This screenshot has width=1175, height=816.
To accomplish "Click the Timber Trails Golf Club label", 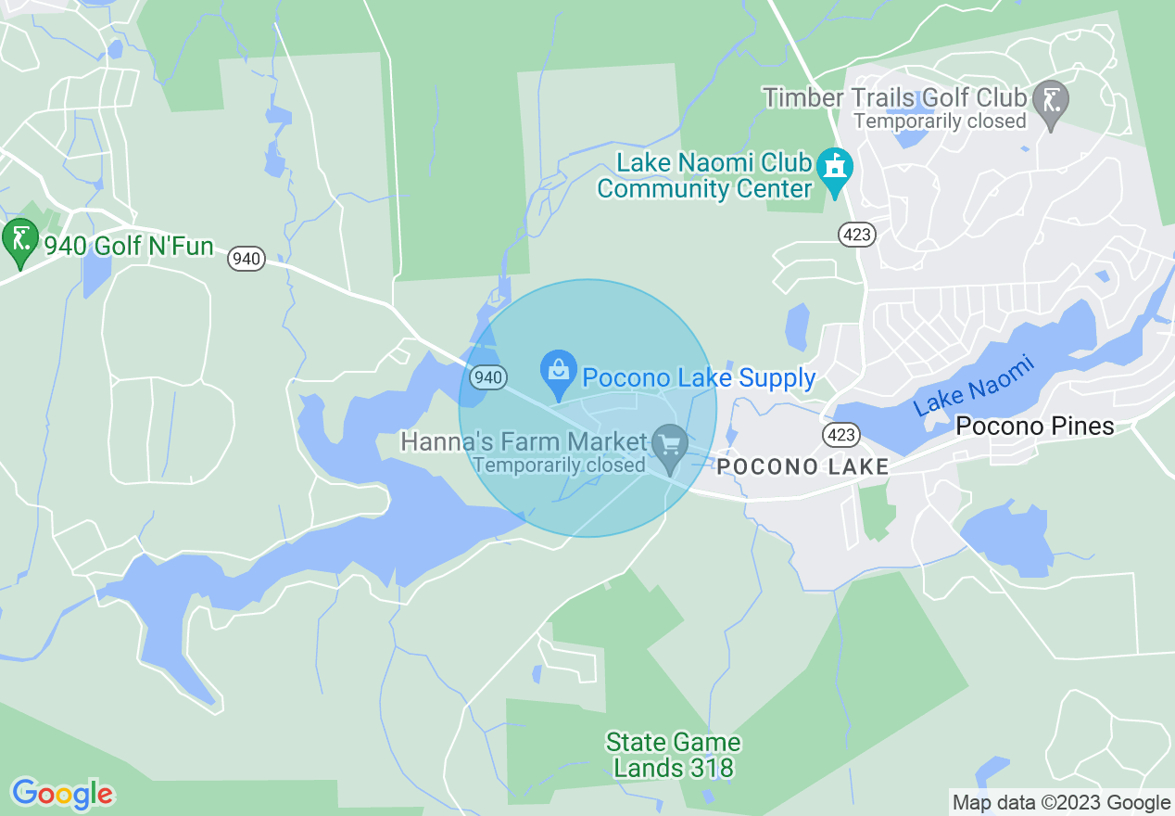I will click(x=894, y=97).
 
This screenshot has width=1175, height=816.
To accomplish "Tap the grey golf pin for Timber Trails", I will click(x=1051, y=101).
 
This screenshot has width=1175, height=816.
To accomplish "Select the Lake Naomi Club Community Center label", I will click(x=704, y=176).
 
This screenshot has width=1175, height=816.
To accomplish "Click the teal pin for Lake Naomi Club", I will click(x=836, y=171).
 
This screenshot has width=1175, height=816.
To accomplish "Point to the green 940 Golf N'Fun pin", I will click(x=19, y=240).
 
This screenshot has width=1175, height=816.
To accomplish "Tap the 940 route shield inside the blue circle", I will click(x=487, y=377).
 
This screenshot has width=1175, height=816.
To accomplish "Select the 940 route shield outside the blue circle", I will click(x=246, y=259).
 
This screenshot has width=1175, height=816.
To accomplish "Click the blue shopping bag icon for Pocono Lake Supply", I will click(x=558, y=373).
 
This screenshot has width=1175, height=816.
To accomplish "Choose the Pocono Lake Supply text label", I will click(x=698, y=378).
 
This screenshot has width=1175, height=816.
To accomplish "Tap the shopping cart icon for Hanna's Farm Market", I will click(x=669, y=445).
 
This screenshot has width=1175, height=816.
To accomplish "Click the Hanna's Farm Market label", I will click(x=523, y=441).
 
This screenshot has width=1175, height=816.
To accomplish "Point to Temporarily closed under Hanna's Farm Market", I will click(x=558, y=465).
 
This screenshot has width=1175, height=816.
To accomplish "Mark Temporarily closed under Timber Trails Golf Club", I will click(x=940, y=121).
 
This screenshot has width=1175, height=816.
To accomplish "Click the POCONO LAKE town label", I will click(x=802, y=466).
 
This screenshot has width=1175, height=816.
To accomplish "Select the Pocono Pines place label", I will click(x=1034, y=427).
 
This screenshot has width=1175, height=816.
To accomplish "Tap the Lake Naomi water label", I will click(x=973, y=386).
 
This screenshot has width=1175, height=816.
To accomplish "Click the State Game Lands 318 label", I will click(x=673, y=755).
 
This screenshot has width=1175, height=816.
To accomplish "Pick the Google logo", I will click(x=62, y=794).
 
